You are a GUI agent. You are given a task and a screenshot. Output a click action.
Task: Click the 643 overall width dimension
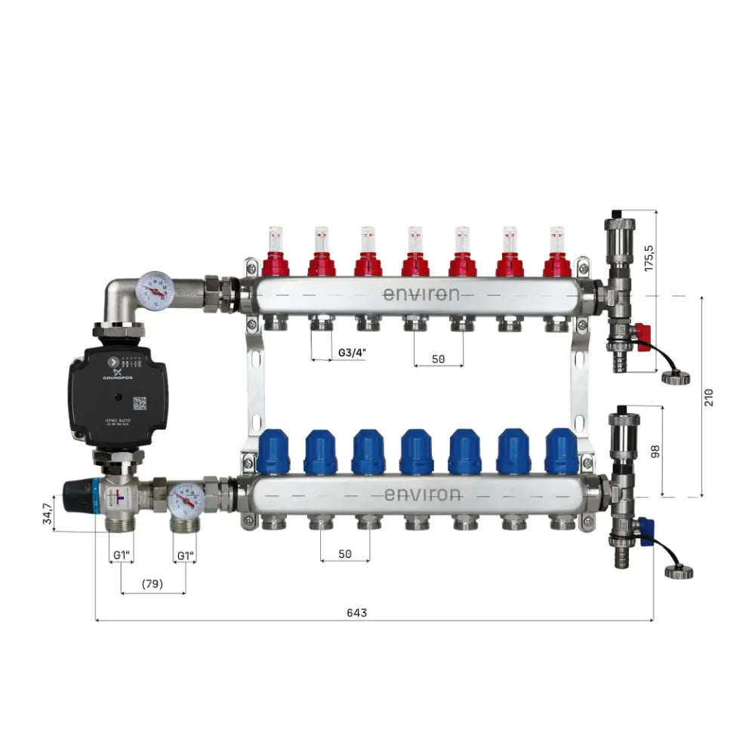(356, 612)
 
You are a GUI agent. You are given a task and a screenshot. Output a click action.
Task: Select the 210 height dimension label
(708, 396)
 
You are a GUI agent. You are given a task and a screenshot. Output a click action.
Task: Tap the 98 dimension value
(655, 451)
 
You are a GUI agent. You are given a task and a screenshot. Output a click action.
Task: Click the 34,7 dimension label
(47, 513)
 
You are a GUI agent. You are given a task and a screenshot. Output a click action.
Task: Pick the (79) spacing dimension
(153, 584)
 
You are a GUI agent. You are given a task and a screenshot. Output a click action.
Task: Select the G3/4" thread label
(350, 353)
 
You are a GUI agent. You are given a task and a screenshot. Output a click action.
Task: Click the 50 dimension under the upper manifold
(439, 359)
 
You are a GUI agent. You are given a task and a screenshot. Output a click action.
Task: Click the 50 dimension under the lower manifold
(345, 553)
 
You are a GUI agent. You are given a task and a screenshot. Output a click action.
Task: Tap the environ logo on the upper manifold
(421, 294)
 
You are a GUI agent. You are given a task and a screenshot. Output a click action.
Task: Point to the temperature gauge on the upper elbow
(154, 291)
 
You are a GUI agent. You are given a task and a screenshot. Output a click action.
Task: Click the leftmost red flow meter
(276, 253)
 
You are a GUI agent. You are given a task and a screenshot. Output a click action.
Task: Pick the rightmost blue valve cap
(561, 451)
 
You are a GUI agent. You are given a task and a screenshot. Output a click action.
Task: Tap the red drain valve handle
(642, 333)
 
